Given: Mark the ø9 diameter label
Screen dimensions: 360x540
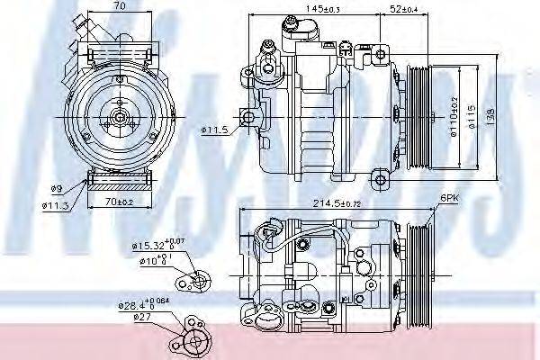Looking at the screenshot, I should tap(57, 188).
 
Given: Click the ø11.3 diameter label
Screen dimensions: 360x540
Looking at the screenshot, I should tap(57, 204).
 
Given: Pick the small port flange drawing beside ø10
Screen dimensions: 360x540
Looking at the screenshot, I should tap(195, 282).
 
